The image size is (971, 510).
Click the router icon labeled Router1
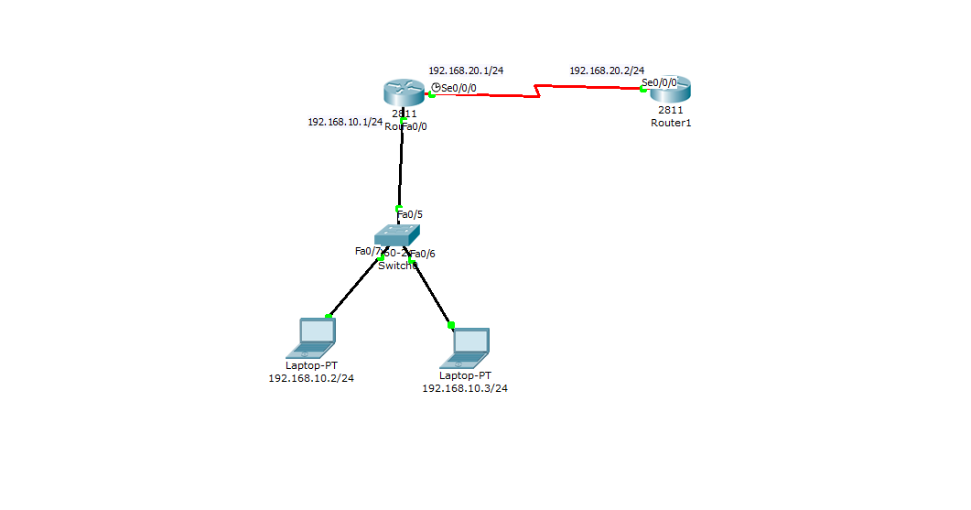[671, 90]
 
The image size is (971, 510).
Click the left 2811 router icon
[404, 92]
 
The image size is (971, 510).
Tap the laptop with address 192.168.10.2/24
[311, 337]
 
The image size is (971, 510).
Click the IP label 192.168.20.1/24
[466, 71]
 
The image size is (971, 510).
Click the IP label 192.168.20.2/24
[607, 71]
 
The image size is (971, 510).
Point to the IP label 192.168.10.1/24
[345, 122]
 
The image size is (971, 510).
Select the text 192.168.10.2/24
[311, 378]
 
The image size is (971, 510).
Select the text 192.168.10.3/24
[465, 388]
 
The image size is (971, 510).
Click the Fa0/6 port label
[423, 254]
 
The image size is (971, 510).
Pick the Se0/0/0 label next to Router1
[659, 82]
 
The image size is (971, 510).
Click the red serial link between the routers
[586, 87]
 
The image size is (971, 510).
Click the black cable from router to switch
[401, 165]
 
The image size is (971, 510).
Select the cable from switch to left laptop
[355, 288]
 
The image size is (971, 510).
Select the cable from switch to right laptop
[432, 294]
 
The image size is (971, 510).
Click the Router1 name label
[671, 123]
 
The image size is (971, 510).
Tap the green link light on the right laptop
[451, 324]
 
